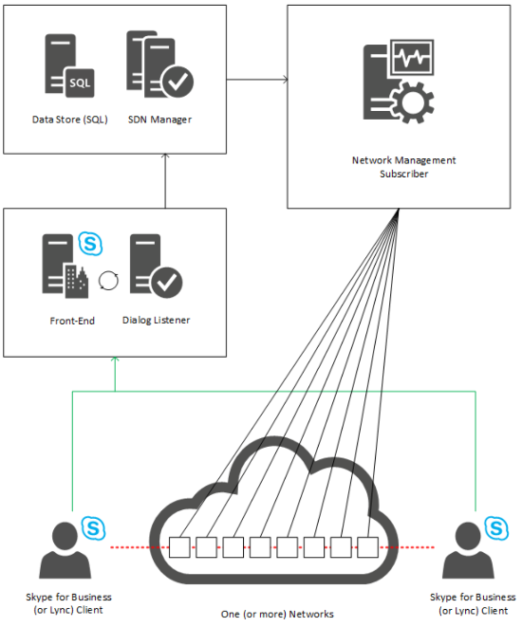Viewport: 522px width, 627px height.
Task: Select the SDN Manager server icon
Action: [157, 71]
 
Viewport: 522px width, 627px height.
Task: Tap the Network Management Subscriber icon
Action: [398, 83]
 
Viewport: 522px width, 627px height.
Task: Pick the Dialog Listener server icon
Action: [156, 268]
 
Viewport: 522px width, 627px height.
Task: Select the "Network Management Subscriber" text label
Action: [398, 167]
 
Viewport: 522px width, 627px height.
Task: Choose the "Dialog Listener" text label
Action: [157, 321]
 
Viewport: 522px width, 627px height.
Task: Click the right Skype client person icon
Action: [472, 549]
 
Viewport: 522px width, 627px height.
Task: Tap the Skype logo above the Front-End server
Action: [93, 243]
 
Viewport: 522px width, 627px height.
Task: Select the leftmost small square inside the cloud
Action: [177, 547]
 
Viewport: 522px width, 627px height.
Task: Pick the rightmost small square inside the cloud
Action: [368, 547]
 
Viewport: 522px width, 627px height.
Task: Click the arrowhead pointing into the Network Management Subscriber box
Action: [284, 79]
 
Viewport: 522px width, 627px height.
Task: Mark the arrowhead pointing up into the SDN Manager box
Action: [166, 158]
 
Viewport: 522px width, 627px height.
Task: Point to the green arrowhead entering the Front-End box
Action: [114, 361]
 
